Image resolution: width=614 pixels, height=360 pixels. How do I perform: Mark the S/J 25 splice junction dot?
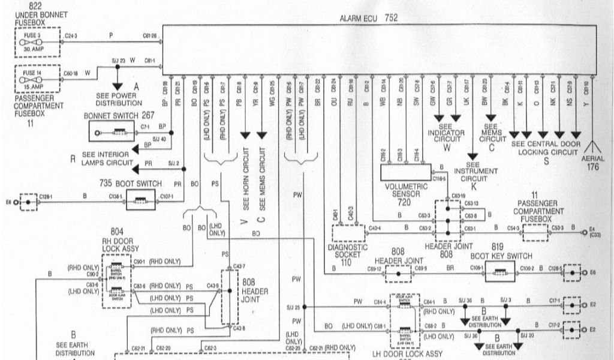[305, 307]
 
